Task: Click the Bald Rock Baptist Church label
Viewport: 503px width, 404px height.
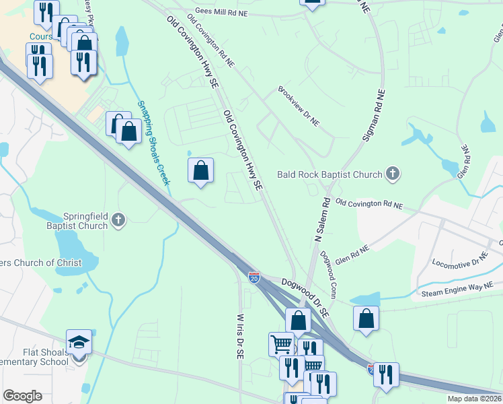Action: click(330, 175)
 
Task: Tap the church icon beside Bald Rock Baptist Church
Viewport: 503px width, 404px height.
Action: click(393, 174)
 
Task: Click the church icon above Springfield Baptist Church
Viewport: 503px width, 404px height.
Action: click(118, 219)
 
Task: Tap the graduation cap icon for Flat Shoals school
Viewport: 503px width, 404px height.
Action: click(79, 342)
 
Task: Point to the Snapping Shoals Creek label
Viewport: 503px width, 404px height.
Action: click(154, 143)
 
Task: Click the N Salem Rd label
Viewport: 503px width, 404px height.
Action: click(321, 220)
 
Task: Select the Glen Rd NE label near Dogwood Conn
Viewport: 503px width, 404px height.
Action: click(352, 255)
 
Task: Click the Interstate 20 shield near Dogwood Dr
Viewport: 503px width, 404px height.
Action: click(254, 277)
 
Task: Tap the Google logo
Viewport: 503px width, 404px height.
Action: click(22, 396)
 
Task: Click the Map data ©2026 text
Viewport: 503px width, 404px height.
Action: click(473, 399)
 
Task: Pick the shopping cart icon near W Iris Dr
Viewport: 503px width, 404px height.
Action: click(281, 344)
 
